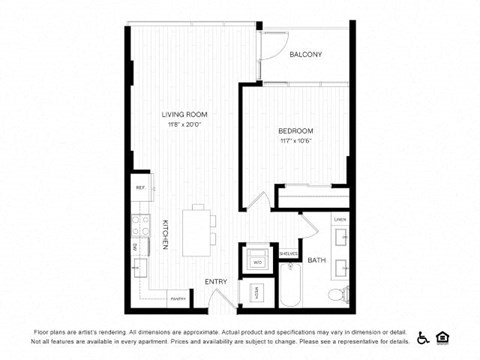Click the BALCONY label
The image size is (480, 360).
[305, 55]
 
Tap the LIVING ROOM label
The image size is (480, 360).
[182, 114]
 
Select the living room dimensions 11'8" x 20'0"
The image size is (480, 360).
[182, 125]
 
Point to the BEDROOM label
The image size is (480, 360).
[295, 131]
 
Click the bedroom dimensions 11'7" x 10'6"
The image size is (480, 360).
[295, 141]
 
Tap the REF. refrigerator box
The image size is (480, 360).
[140, 187]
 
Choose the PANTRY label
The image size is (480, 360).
[177, 298]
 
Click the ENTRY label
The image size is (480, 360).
[216, 282]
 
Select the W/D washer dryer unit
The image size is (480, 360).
[257, 262]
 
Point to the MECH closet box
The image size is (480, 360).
[255, 293]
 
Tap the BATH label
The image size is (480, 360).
[317, 261]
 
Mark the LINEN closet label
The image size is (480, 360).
[340, 218]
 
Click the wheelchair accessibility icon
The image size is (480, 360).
[422, 336]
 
